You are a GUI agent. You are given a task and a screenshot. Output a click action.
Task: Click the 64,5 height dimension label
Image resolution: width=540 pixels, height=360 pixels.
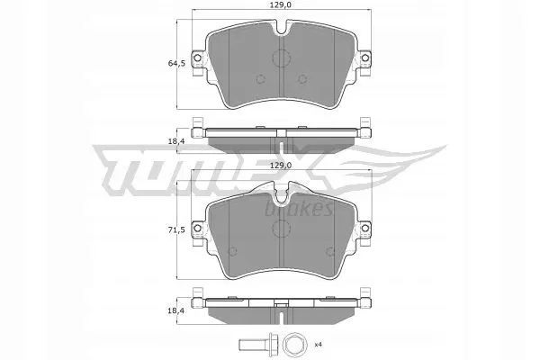point(176,63)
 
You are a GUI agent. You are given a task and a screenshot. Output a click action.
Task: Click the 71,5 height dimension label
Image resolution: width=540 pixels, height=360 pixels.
point(176,229)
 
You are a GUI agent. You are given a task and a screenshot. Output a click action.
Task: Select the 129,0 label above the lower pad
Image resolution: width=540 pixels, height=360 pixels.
point(281,166)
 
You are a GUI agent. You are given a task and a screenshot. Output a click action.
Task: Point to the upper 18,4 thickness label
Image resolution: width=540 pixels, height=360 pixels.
point(176,140)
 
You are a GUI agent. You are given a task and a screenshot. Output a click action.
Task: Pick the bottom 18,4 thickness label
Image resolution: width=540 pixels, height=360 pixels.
point(176,311)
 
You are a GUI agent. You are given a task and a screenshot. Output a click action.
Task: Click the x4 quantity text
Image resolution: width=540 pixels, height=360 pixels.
point(318,344)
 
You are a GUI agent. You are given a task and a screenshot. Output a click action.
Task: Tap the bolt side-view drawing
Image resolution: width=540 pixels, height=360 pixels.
point(256,344)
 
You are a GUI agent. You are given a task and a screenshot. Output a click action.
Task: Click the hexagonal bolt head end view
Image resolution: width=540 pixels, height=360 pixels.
point(293,344)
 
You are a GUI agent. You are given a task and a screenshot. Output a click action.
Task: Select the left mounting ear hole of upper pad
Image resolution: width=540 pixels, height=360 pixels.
point(197,58)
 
